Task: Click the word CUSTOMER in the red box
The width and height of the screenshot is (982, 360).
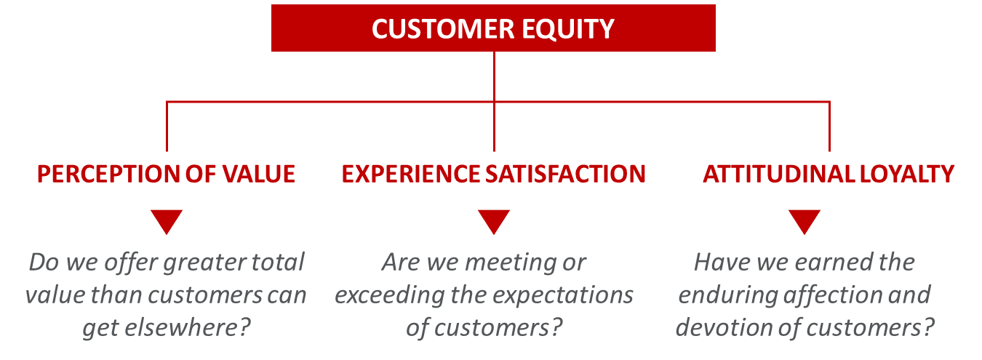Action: [443, 29]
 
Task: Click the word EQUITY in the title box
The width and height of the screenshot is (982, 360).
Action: [568, 30]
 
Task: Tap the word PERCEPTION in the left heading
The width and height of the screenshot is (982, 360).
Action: [108, 174]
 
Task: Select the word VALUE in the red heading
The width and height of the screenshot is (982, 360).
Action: [259, 174]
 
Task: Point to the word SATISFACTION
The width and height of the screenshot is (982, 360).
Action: [565, 174]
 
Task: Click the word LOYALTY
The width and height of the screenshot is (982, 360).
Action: [906, 174]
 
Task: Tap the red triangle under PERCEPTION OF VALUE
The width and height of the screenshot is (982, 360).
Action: [167, 220]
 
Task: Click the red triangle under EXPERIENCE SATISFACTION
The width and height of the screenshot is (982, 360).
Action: [494, 220]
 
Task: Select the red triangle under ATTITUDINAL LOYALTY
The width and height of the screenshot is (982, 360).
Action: [805, 220]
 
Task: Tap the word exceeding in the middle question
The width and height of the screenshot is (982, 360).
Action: [390, 295]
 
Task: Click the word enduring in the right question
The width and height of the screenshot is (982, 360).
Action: [728, 295]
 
